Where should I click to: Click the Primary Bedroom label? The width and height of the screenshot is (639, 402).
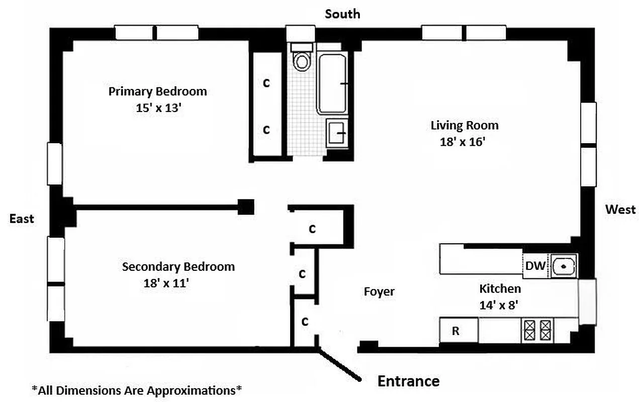[x=157, y=91]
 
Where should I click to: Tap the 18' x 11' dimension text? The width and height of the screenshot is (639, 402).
[x=165, y=283]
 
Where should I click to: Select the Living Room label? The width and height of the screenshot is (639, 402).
[x=464, y=125]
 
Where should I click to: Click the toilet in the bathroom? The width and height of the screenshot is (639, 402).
[x=302, y=59]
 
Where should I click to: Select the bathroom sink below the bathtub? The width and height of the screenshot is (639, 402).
[x=337, y=133]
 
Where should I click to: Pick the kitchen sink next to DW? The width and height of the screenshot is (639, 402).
[x=564, y=265]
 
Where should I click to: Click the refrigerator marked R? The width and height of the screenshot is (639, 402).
[x=458, y=331]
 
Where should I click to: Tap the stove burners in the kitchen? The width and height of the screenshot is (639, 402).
[x=537, y=331]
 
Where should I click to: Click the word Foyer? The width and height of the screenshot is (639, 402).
[x=379, y=291]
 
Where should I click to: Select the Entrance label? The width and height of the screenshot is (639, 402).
[x=408, y=381]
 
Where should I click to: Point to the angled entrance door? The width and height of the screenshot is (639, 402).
[x=339, y=365]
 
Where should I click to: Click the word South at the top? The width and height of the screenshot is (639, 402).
[x=342, y=14]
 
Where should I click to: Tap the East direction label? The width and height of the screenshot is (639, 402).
[x=22, y=219]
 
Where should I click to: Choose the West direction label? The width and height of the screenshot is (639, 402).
[x=620, y=210]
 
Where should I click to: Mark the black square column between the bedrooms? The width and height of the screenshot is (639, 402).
[x=245, y=207]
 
